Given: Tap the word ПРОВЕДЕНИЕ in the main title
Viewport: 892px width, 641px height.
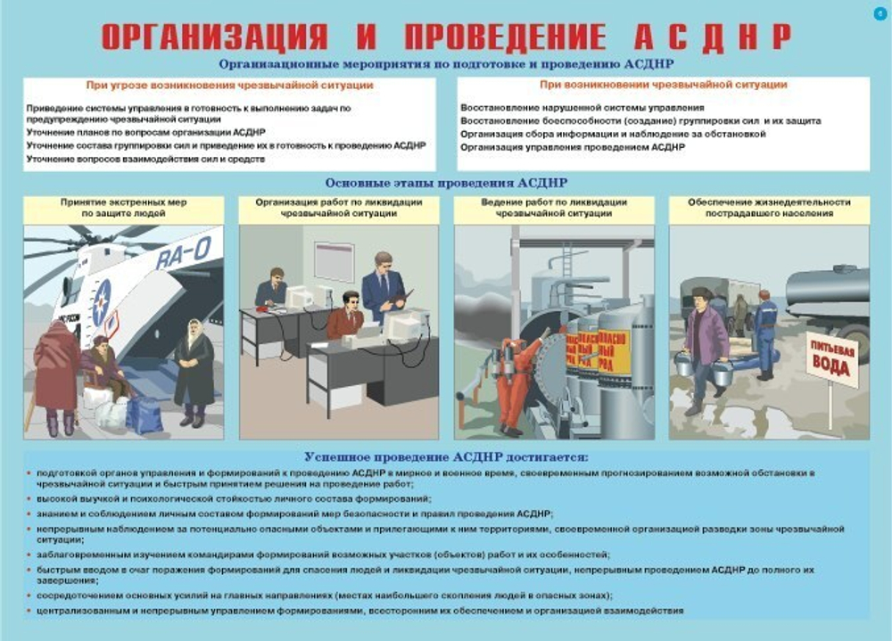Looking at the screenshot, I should [505, 36].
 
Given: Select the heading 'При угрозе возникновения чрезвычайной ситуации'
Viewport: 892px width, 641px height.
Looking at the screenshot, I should [229, 86].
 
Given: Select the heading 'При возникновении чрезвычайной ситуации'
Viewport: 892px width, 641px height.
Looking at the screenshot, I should [663, 85].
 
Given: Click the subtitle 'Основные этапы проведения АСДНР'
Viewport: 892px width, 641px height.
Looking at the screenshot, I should [445, 183].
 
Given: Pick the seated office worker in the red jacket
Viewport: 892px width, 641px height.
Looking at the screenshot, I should [344, 316].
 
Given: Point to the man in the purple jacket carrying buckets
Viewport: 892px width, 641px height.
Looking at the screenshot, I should [704, 348].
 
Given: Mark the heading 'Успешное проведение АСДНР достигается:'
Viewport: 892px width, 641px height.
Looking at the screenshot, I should [445, 456].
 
